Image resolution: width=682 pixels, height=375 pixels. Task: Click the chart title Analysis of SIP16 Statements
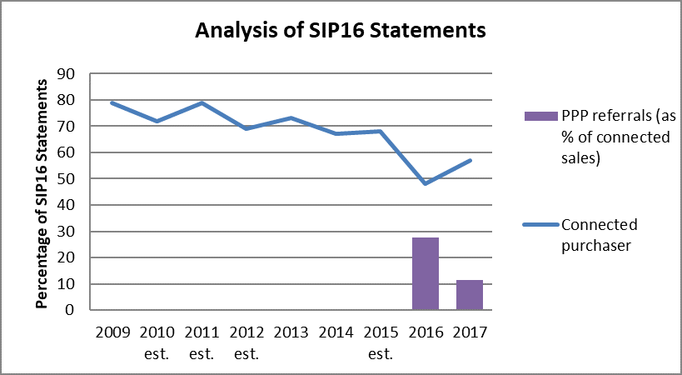[x=340, y=32]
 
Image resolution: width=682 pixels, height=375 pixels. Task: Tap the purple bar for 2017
[x=470, y=295]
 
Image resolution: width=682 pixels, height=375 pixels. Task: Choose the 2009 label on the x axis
[x=112, y=332]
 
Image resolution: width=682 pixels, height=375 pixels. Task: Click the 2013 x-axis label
[x=291, y=332]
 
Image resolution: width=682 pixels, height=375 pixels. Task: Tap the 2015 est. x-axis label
[x=381, y=342]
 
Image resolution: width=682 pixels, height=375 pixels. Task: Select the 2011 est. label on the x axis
[x=201, y=342]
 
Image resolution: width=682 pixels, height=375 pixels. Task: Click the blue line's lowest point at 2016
[x=426, y=183]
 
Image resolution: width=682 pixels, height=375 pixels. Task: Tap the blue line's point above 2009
[x=112, y=102]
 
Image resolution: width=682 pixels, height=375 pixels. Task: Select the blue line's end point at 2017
[x=470, y=160]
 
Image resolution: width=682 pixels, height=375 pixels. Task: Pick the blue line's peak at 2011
[x=201, y=102]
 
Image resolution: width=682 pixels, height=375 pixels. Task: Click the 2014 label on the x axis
[x=336, y=332]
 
